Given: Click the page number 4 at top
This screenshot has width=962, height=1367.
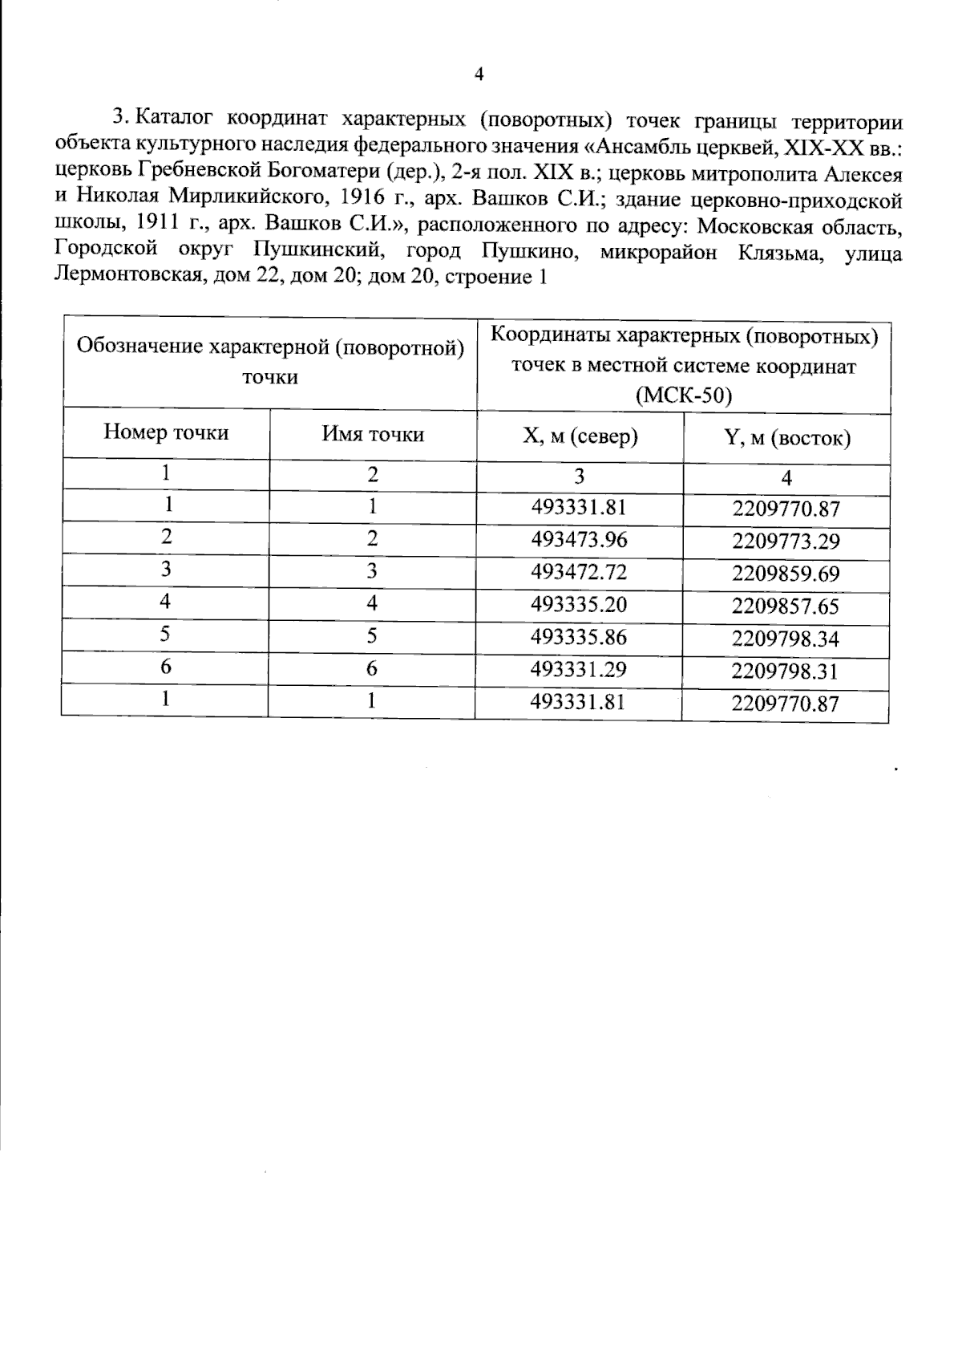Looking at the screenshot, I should coord(479,75).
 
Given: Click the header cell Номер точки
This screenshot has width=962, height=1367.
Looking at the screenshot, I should coord(166,433).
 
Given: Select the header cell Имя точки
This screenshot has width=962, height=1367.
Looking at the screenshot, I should coord(373,434).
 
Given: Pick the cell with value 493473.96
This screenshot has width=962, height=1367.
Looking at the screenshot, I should coord(579,539).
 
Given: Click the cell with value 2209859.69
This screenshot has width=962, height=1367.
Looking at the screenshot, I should coord(786,574).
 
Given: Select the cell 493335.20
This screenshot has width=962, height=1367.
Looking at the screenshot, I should coord(579,604).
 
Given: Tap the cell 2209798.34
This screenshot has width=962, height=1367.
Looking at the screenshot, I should coord(786,639).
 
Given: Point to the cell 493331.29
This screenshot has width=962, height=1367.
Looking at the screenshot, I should coord(579,668).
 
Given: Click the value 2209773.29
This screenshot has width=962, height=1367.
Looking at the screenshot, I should coord(786,542).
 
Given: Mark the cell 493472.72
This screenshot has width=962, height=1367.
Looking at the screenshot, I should coord(579,572).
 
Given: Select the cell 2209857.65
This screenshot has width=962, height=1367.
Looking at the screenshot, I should coord(786,606).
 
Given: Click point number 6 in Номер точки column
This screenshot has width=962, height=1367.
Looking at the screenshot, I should coord(165,667).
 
